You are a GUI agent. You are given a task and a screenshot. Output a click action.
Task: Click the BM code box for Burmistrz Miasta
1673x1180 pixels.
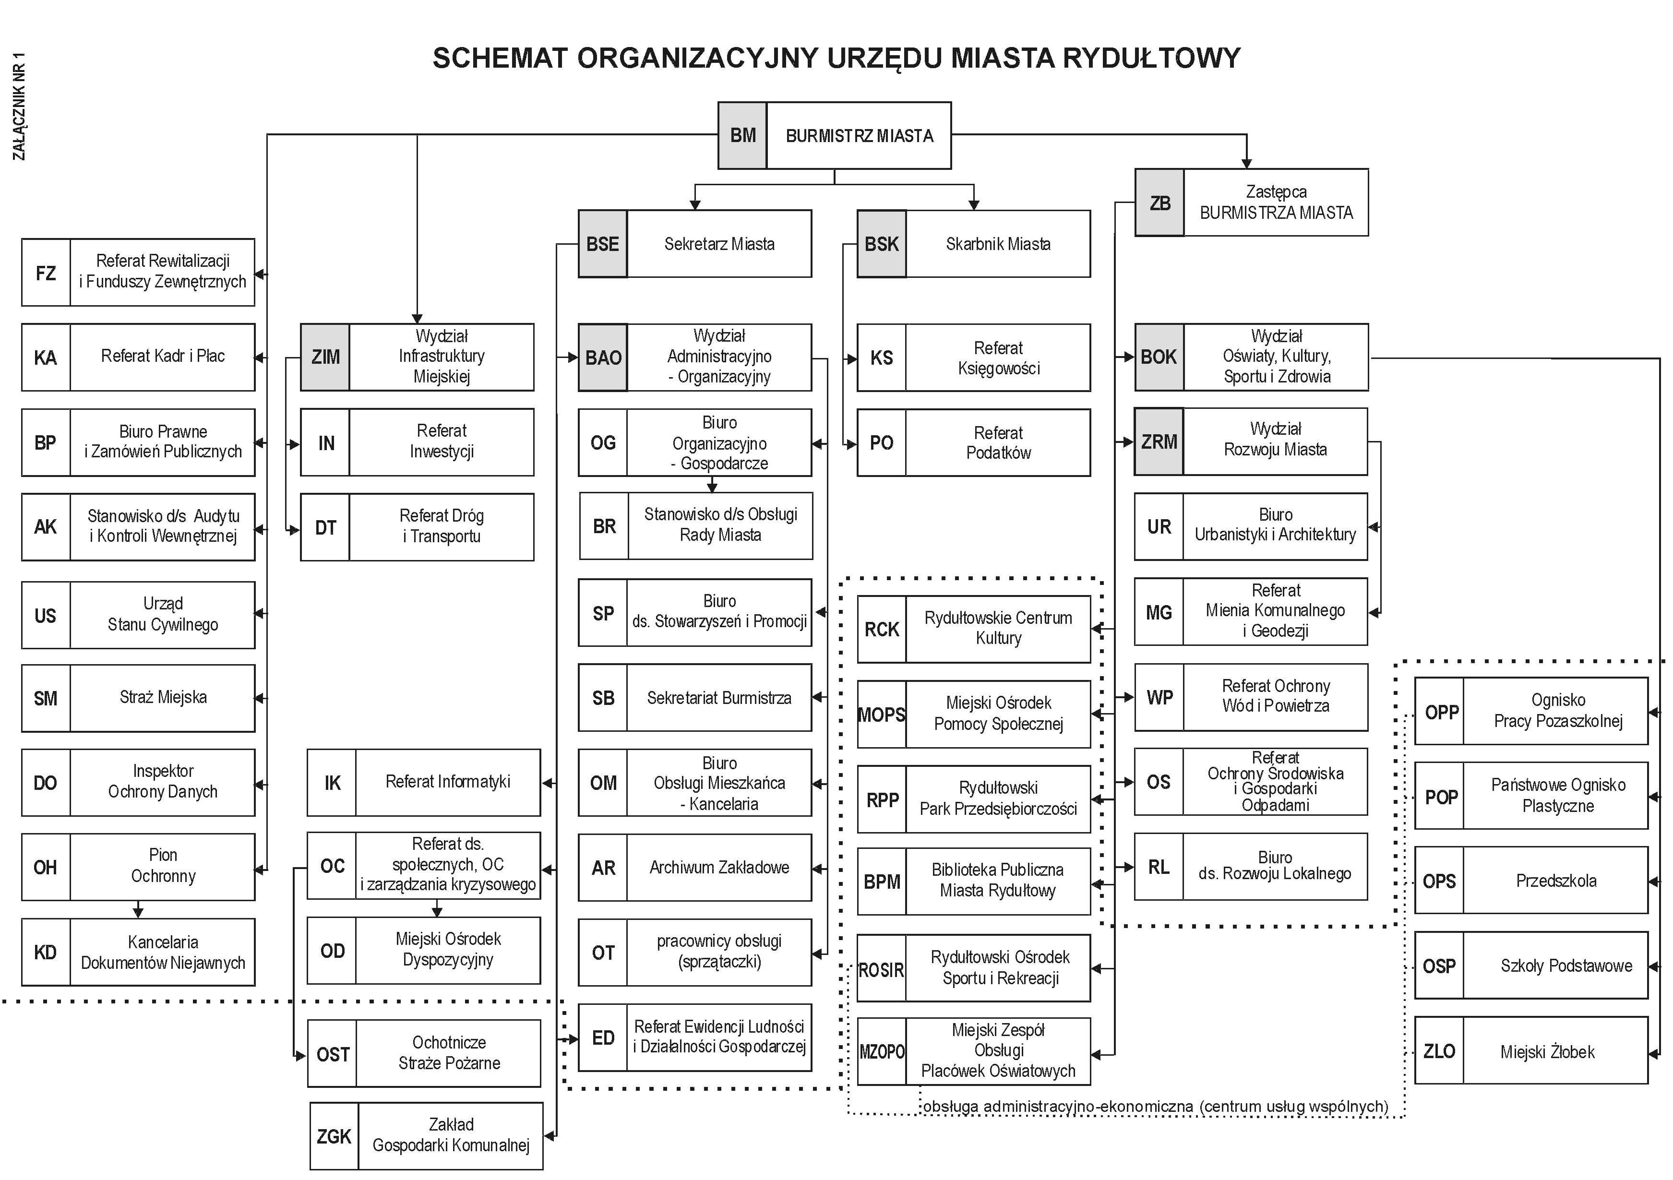click(x=742, y=135)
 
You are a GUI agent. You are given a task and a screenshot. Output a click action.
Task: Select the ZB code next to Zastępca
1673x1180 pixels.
click(x=1159, y=203)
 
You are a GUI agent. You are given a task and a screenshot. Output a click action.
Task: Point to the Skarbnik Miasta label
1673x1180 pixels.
click(x=998, y=244)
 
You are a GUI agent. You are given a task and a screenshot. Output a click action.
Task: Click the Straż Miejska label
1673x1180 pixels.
click(x=163, y=698)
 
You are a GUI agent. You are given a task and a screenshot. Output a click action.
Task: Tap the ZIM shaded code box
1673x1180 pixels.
click(x=325, y=358)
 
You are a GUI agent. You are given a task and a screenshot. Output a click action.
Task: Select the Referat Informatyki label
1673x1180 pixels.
click(x=447, y=782)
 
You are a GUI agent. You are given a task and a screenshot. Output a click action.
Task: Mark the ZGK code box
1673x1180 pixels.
click(x=334, y=1136)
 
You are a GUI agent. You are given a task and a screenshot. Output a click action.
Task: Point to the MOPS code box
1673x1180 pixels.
click(x=882, y=715)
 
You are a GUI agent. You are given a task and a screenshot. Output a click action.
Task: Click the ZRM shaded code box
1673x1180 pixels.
click(x=1159, y=442)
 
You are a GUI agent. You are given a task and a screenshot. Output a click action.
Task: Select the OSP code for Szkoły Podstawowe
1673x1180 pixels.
click(x=1439, y=966)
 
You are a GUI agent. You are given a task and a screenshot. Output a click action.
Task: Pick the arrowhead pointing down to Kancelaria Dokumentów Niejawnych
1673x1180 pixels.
click(x=138, y=912)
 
